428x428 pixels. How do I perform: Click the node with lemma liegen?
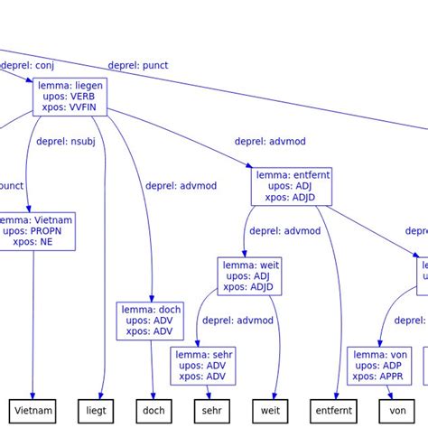(x=70, y=97)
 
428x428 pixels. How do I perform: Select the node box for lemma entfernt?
(x=291, y=186)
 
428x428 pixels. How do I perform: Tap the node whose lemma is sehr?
(x=203, y=366)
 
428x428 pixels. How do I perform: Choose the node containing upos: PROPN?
(x=34, y=231)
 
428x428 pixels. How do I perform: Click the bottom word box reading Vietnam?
(x=34, y=411)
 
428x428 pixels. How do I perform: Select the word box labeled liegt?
(x=97, y=411)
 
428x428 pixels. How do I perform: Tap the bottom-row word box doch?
(x=154, y=411)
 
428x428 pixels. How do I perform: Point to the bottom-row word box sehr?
(x=212, y=411)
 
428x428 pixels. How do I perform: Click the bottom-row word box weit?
(x=271, y=411)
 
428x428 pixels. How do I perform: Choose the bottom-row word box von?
(x=397, y=411)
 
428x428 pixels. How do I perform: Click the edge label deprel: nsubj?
(x=66, y=141)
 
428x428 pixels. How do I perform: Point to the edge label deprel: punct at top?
(x=137, y=65)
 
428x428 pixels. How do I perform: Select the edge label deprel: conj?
(x=29, y=65)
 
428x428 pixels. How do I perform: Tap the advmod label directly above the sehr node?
(x=237, y=321)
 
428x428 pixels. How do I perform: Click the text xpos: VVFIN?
(x=71, y=108)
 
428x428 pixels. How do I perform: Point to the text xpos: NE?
(x=34, y=242)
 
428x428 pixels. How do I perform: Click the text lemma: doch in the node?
(x=151, y=310)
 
